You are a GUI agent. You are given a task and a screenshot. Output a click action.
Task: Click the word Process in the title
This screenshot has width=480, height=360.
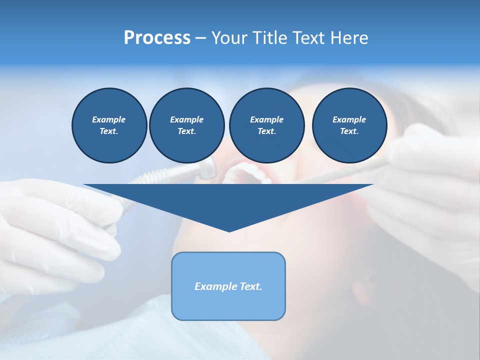coord(157,38)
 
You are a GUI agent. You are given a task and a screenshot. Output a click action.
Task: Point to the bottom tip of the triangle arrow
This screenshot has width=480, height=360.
coord(229,230)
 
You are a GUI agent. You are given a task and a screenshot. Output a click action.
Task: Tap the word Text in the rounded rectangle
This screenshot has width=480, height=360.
coord(250,286)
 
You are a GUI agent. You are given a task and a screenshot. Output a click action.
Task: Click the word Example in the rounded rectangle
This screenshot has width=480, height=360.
coord(215,286)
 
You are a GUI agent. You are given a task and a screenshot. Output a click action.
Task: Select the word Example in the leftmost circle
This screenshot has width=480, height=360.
coord(109,119)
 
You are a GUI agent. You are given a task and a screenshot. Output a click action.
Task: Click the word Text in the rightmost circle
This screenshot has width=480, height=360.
coord(349,131)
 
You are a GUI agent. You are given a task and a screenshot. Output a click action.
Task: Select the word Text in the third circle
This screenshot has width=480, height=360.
coord(266,131)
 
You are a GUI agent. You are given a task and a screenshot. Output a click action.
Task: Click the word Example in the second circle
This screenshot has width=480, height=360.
coord(186,119)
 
